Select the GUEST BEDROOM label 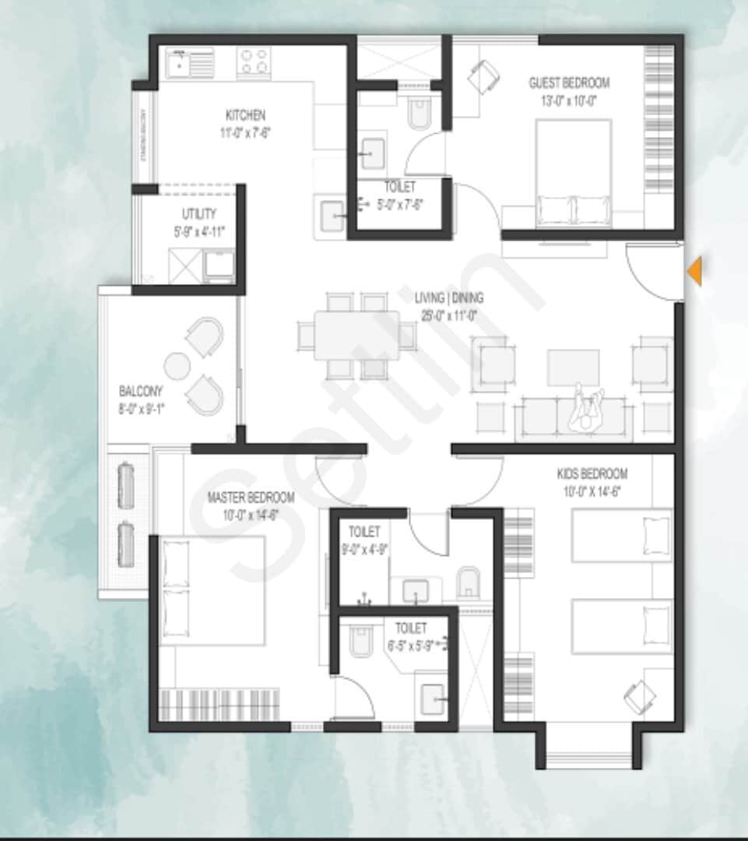569,83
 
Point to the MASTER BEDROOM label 251,497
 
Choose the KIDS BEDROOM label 592,473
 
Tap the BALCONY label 141,391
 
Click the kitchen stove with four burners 254,62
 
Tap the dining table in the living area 357,336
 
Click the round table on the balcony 177,365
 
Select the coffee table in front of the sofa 573,367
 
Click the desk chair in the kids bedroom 641,692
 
